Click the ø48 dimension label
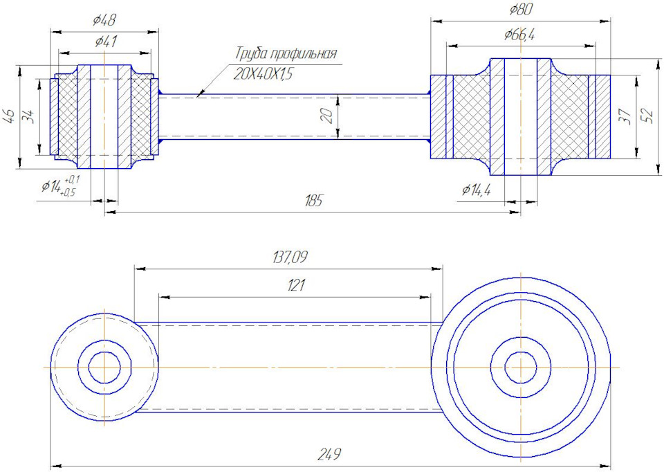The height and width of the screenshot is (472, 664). point(104,21)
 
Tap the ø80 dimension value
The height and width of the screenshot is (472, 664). point(520,10)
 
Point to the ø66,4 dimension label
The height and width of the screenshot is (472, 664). point(519,35)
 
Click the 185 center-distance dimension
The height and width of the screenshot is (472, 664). point(313,201)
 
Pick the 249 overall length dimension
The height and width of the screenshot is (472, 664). point(330,455)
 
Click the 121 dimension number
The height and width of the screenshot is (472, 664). point(295,285)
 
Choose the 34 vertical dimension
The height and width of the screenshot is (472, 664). point(29,116)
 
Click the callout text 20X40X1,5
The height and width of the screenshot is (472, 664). point(264,74)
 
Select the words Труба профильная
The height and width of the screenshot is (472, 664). point(286,54)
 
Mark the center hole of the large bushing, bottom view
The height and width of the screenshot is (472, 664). point(521,367)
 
